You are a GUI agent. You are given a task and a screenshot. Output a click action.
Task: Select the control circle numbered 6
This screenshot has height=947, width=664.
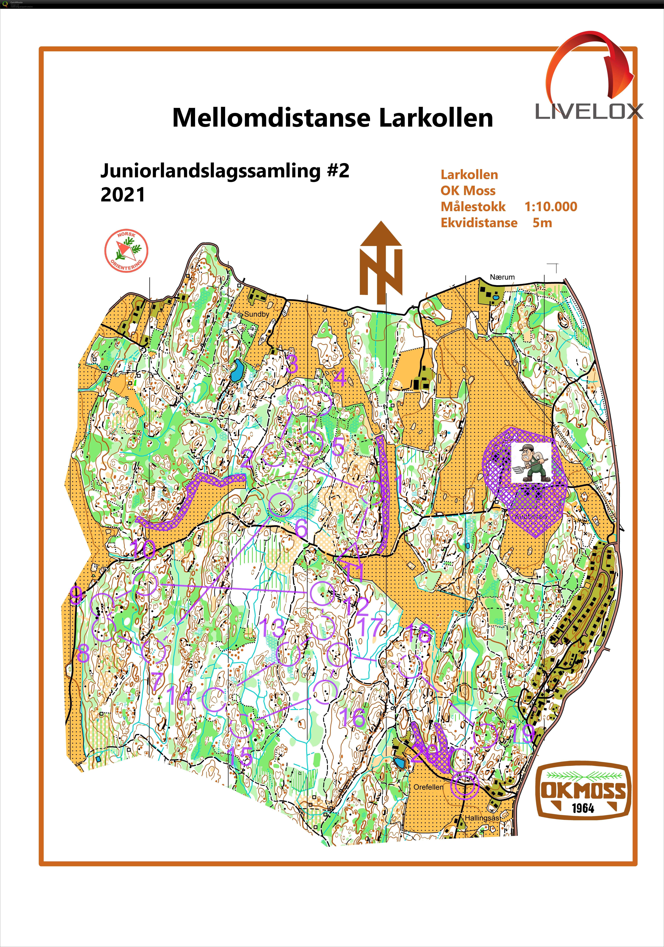pos(281,504)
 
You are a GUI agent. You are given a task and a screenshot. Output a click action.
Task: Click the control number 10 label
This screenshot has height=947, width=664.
pos(143,549)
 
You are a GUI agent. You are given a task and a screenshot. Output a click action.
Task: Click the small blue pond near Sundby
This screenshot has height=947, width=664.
pos(237,370)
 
